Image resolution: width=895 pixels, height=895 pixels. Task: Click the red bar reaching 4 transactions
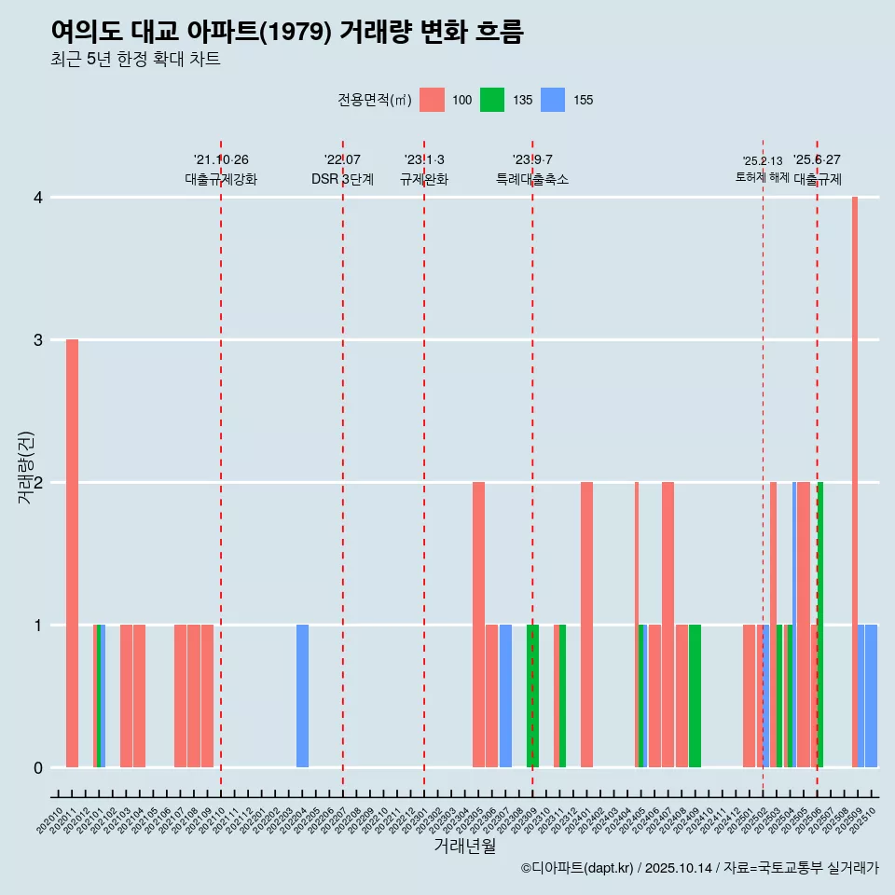[x=855, y=482]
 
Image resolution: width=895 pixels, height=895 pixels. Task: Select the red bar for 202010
[x=72, y=553]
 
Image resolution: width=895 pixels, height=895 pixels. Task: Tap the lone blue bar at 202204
[x=302, y=695]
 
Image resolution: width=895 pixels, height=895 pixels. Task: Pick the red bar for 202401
[x=586, y=625]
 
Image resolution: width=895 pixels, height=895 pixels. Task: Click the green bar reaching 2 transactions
[x=820, y=625]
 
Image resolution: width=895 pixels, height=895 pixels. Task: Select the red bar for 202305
[x=478, y=625]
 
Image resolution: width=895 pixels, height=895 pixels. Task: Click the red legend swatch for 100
[x=432, y=100]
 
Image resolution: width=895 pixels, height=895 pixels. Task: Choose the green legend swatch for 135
[x=492, y=100]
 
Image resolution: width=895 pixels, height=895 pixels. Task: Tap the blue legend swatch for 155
[x=553, y=100]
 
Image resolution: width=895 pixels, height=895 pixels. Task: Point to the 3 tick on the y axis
[x=37, y=340]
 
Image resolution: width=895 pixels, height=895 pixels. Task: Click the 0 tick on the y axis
[x=37, y=767]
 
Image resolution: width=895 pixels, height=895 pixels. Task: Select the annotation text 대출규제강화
[x=221, y=179]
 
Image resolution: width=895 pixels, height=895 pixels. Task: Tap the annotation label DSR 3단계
[x=343, y=179]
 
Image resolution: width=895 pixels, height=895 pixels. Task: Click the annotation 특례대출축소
[x=532, y=179]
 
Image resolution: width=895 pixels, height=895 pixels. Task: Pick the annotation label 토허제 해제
[x=763, y=177]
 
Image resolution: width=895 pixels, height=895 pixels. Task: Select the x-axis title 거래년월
[x=464, y=846]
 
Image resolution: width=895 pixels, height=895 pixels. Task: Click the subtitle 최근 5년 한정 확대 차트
[x=135, y=60]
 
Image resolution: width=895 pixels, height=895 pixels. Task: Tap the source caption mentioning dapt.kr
[x=699, y=868]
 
